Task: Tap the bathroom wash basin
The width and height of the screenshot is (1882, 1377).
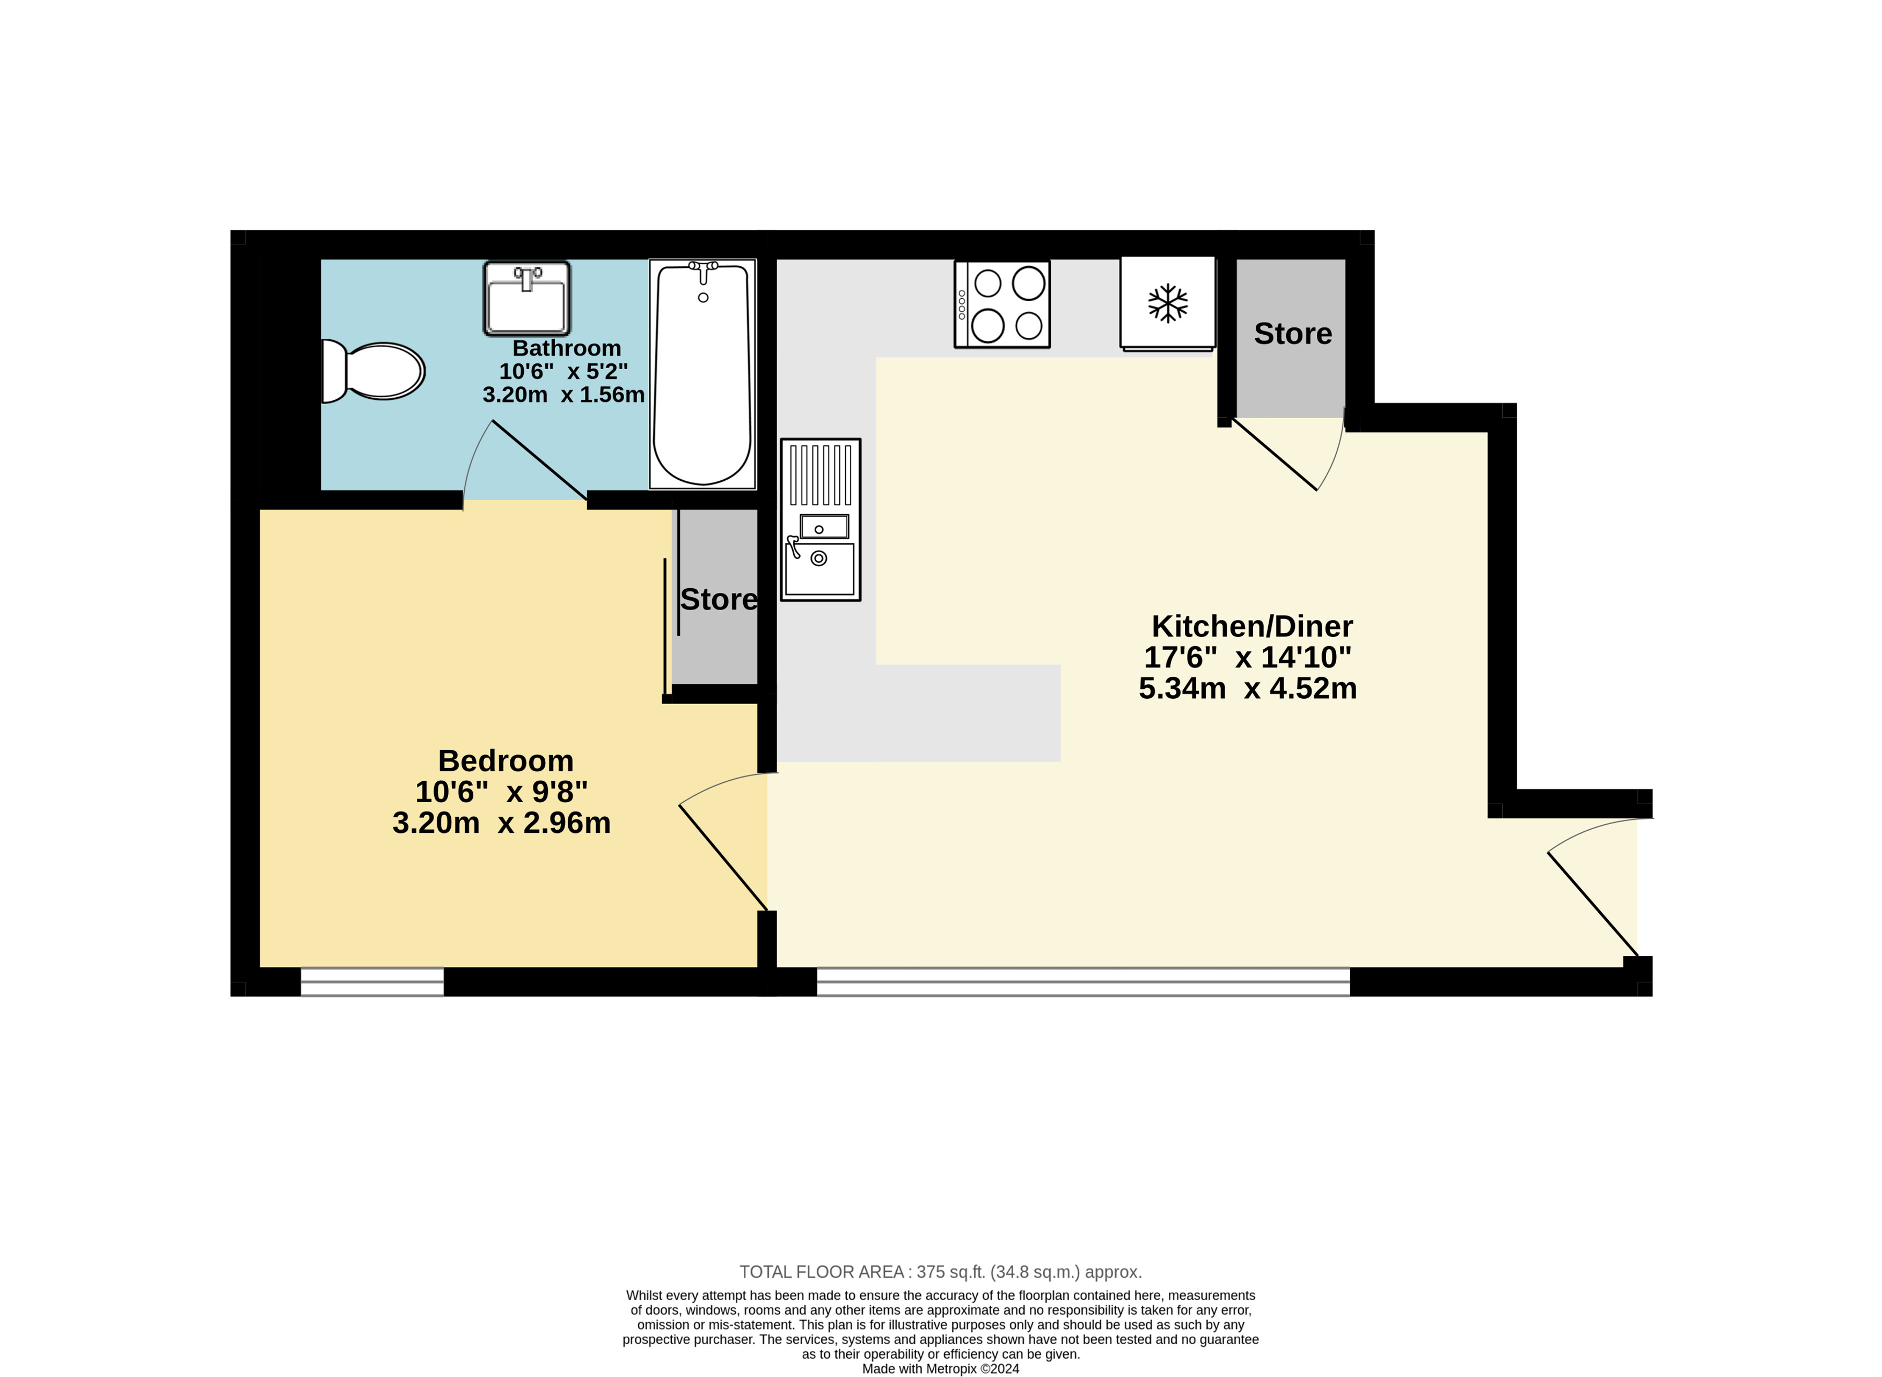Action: pyautogui.click(x=527, y=298)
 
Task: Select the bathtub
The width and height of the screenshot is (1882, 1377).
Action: pyautogui.click(x=702, y=374)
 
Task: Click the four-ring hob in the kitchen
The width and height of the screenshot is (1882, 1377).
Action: pyautogui.click(x=1002, y=304)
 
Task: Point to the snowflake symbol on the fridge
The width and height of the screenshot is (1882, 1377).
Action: pyautogui.click(x=1168, y=303)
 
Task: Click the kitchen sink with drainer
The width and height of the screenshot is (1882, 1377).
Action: pyautogui.click(x=820, y=520)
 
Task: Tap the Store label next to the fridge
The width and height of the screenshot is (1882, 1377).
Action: pyautogui.click(x=1293, y=333)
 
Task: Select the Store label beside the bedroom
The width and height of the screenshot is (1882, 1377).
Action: pyautogui.click(x=719, y=599)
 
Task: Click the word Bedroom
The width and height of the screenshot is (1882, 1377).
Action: pyautogui.click(x=506, y=761)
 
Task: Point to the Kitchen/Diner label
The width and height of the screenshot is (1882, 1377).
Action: pyautogui.click(x=1252, y=626)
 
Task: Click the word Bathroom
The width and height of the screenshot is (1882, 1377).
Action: pyautogui.click(x=567, y=348)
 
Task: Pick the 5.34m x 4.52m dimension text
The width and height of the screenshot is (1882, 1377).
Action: pyautogui.click(x=1248, y=688)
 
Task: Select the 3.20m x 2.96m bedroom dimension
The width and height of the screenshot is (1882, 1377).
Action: pyautogui.click(x=502, y=823)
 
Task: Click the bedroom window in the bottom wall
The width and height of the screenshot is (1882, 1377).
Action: pyautogui.click(x=372, y=982)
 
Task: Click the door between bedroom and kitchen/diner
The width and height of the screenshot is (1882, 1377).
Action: pyautogui.click(x=723, y=858)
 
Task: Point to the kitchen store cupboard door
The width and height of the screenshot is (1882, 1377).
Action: pyautogui.click(x=1275, y=455)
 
